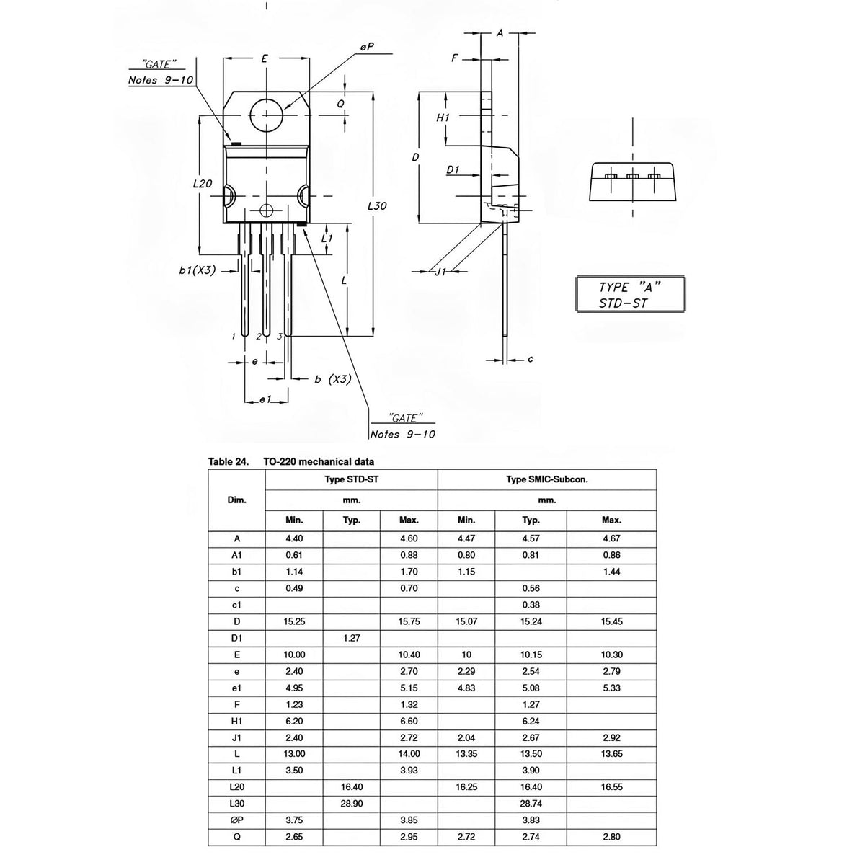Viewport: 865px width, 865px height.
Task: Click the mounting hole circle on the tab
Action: (x=249, y=115)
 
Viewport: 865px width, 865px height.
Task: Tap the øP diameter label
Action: (x=367, y=47)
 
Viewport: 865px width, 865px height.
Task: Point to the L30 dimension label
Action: (x=377, y=206)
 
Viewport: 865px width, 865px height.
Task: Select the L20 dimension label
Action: (x=202, y=184)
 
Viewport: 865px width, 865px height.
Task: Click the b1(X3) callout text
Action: (x=198, y=270)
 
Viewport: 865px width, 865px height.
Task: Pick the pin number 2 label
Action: (x=259, y=337)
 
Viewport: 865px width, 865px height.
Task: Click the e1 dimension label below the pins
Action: (x=266, y=399)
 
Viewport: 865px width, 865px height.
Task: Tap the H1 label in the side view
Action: (x=443, y=117)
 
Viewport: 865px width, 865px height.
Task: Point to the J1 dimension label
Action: (x=441, y=271)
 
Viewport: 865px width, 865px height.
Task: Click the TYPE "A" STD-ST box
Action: (x=630, y=294)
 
